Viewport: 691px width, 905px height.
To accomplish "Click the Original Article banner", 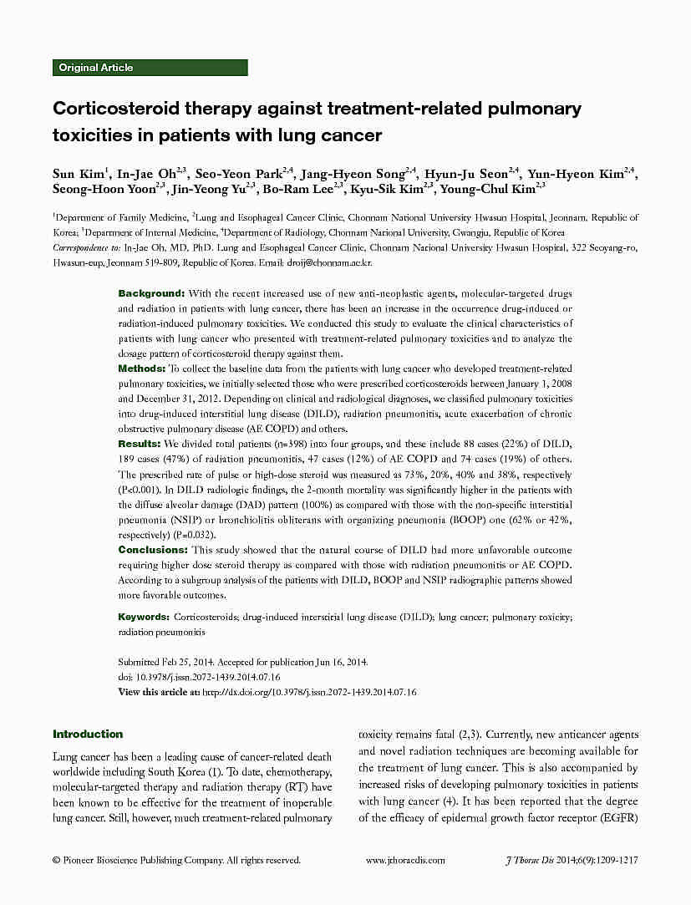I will pos(150,68).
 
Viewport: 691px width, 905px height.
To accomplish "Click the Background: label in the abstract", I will pos(151,293).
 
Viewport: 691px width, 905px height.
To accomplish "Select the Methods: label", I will pos(142,369).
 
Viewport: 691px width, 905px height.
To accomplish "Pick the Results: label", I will pos(140,444).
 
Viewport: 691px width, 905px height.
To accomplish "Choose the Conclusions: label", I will pos(153,550).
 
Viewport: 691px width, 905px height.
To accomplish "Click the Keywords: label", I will pos(145,617).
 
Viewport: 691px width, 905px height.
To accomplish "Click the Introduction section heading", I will pos(88,735).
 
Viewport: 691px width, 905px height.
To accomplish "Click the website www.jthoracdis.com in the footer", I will pos(405,860).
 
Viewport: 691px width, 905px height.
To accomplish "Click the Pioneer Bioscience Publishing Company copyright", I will pos(175,860).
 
